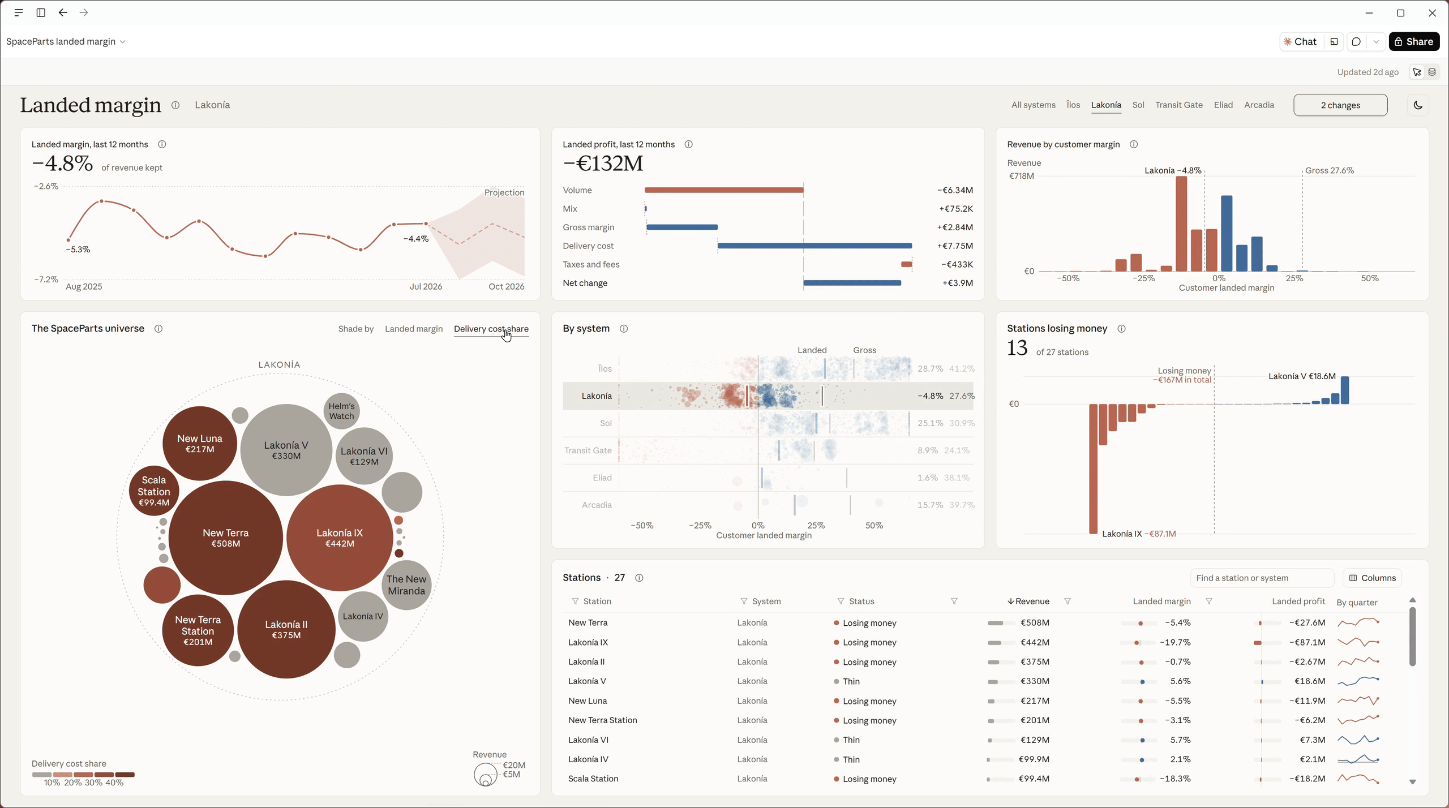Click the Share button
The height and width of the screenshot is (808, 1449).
pos(1414,41)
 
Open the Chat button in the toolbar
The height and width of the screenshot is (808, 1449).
pos(1301,41)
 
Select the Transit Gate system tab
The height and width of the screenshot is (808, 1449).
pos(1178,105)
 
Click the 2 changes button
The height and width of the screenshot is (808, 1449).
pos(1340,105)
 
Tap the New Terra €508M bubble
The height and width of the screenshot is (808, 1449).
pos(225,538)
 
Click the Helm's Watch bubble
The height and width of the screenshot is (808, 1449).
pos(341,411)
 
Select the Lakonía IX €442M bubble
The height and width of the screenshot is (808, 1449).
pos(340,538)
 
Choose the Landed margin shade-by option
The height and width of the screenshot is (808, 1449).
pos(414,329)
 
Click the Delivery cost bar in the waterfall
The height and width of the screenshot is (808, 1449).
pos(814,246)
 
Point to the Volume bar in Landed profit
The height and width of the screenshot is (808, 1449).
pos(724,190)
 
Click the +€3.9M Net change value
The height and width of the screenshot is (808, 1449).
pos(958,283)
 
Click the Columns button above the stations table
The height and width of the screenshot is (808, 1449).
pos(1372,578)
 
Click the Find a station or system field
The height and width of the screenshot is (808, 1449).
pos(1262,578)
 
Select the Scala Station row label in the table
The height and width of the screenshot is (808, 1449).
pos(593,779)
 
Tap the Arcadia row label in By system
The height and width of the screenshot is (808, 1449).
pos(597,505)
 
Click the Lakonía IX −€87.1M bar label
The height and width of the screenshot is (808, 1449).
pos(1139,534)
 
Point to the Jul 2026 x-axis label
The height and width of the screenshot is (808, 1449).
pos(426,286)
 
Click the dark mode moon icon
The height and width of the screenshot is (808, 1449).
pos(1418,105)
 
